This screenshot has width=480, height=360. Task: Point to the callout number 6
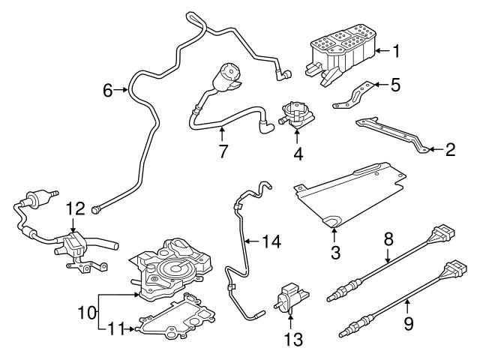tap(108, 91)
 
